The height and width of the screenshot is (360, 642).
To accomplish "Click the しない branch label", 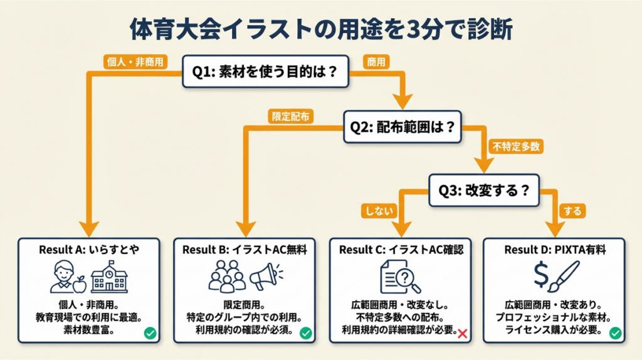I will tap(379, 211).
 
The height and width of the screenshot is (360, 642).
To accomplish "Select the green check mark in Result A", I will tap(150, 333).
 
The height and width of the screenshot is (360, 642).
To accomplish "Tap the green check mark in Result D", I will tap(616, 333).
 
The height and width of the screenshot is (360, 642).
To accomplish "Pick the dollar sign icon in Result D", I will tap(540, 277).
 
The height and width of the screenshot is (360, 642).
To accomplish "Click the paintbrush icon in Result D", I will tap(566, 277).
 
